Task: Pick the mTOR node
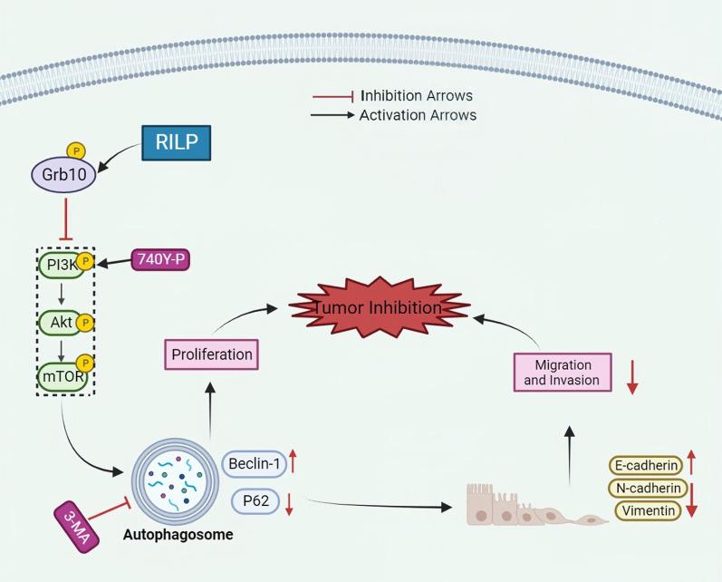pos(61,373)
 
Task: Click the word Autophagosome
pos(178,535)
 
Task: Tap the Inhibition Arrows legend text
pos(417,95)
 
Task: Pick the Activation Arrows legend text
pos(418,115)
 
